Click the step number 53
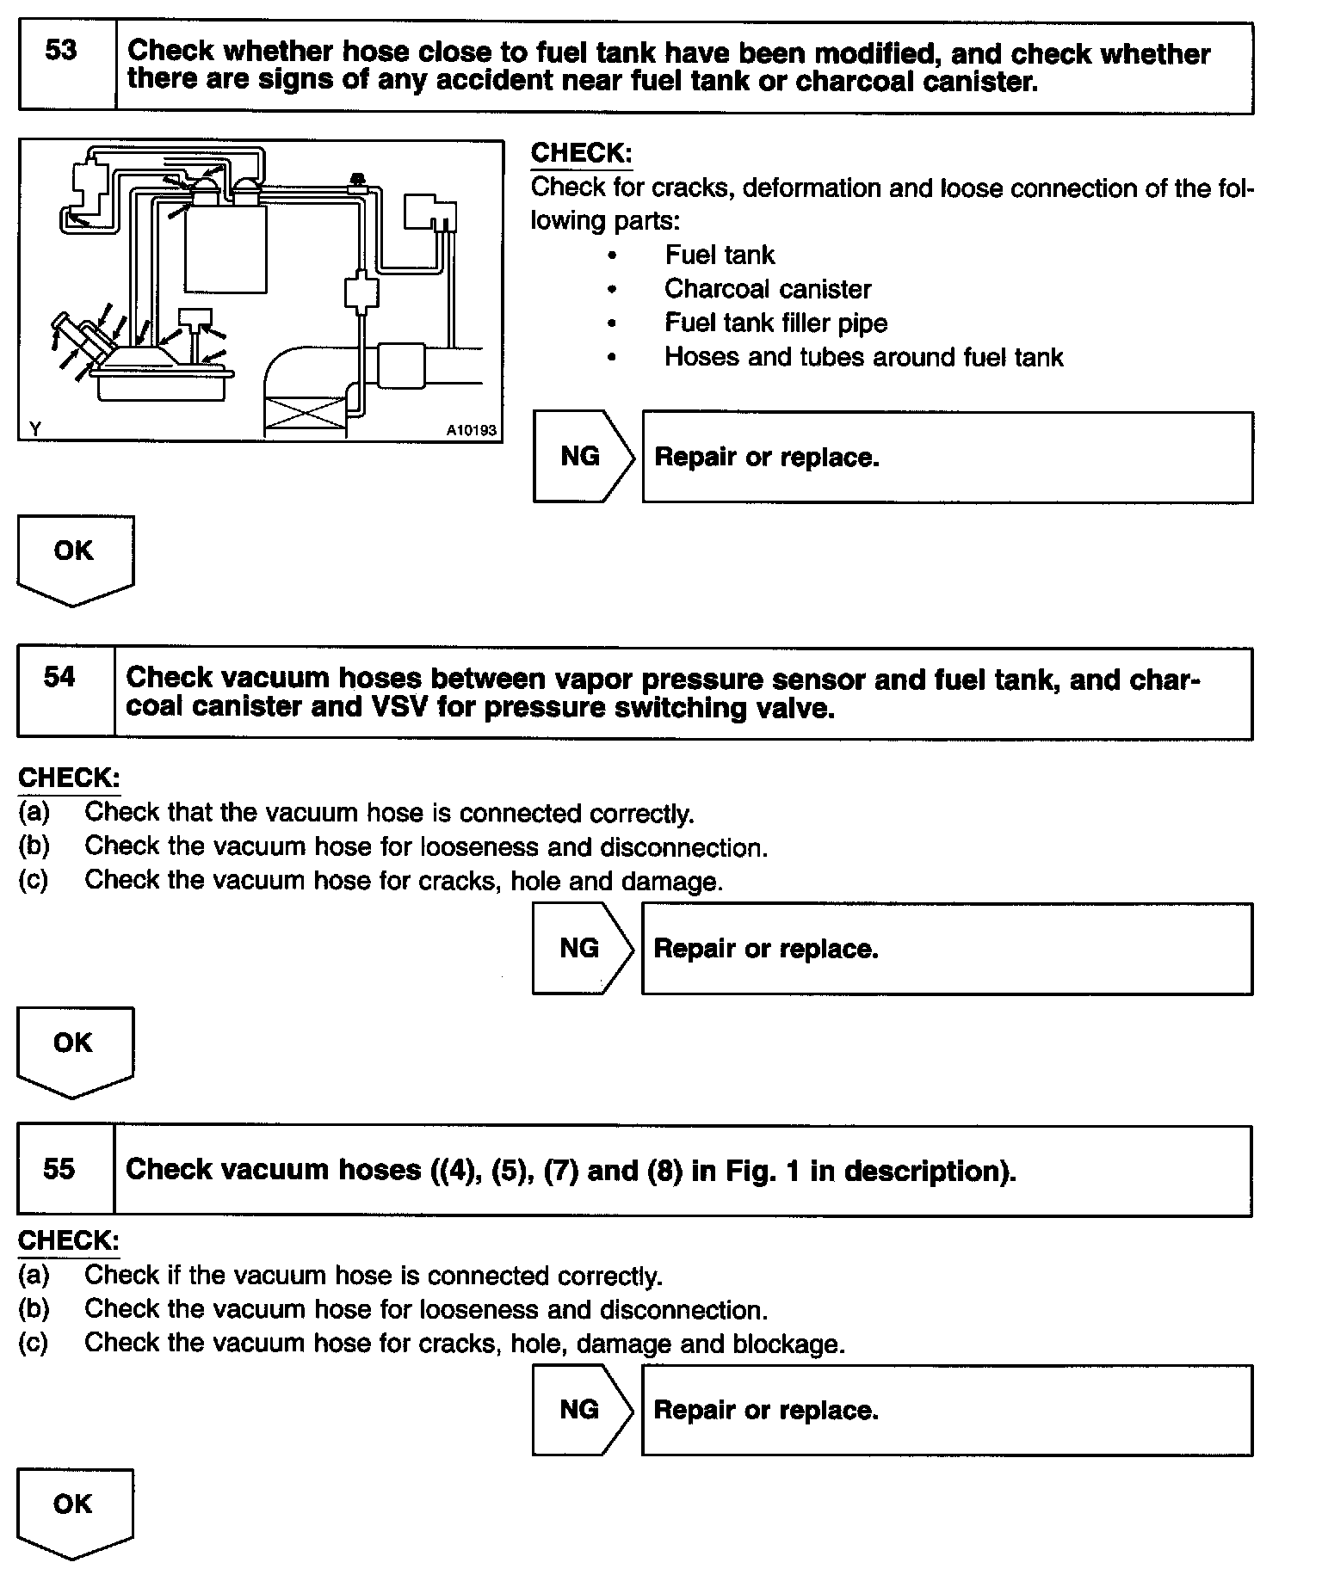(61, 51)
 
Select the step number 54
(59, 677)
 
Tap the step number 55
(59, 1169)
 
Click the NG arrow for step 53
(583, 456)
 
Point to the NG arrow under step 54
(582, 948)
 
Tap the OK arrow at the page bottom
(74, 1510)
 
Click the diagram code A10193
(472, 429)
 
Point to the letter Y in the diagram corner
(34, 428)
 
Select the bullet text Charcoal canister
(768, 289)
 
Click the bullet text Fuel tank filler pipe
(775, 323)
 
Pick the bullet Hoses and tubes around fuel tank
(863, 357)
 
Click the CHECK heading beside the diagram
(581, 153)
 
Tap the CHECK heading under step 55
(68, 1240)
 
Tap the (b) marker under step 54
(34, 846)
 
